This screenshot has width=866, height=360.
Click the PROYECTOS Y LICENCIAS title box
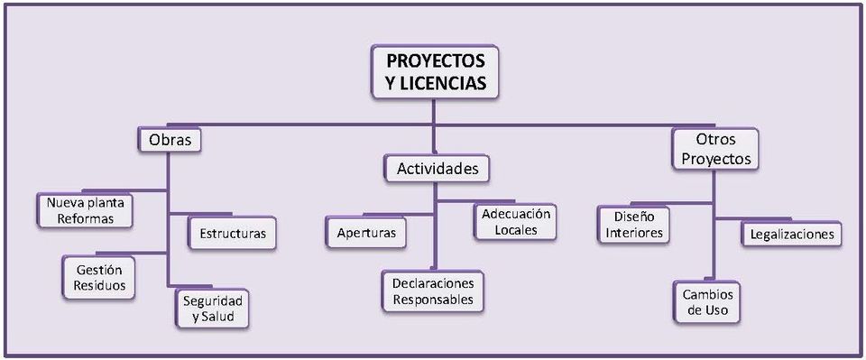pos(435,72)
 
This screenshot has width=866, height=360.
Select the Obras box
pos(169,141)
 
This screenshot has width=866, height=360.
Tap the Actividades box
pos(438,168)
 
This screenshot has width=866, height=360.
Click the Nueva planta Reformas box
pos(86,211)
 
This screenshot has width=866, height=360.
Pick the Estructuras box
pos(233,234)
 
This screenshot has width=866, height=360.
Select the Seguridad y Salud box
pos(211,308)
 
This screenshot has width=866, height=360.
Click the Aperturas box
pos(366,234)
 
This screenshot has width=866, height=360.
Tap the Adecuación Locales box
pos(516,222)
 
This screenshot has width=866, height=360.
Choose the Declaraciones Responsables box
pos(432,291)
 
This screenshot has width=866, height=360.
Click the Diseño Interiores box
pos(634,225)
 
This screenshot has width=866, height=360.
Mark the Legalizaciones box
pos(792,235)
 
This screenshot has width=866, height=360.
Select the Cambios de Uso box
pos(707,303)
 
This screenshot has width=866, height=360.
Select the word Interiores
pos(634,233)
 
